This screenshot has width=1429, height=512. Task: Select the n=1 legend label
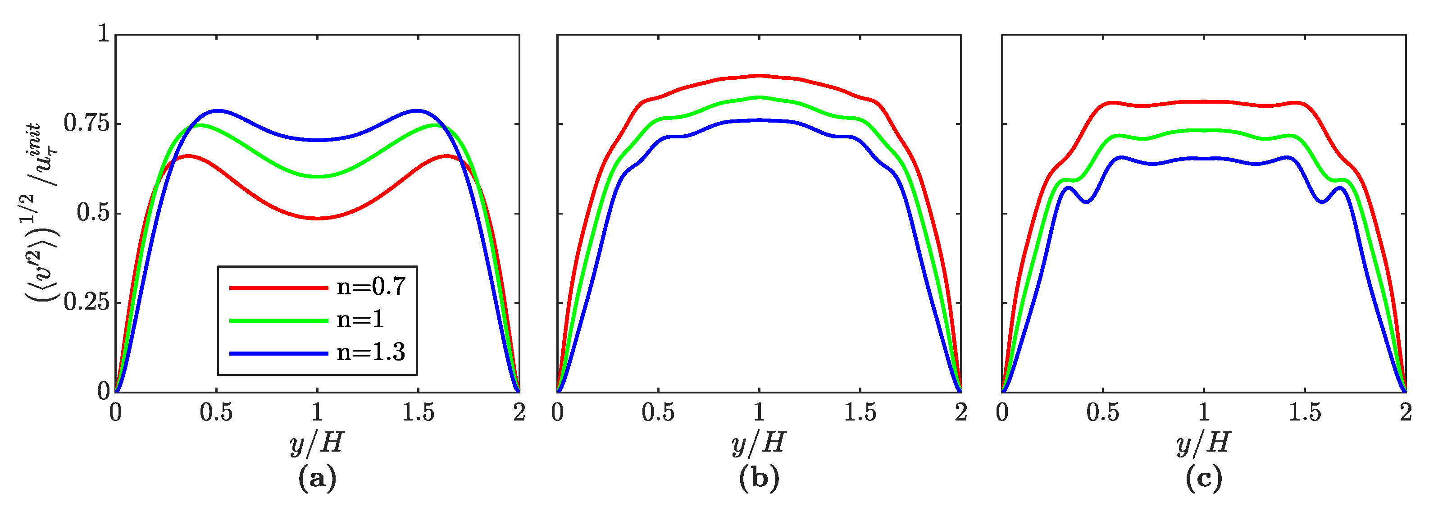pos(360,320)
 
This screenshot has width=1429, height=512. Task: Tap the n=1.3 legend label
pos(371,352)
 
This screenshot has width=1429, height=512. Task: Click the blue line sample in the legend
pos(278,353)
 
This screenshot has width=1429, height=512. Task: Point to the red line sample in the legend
pos(278,288)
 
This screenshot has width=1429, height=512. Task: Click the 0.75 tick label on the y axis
pos(87,123)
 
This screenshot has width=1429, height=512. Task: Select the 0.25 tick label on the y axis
pos(87,302)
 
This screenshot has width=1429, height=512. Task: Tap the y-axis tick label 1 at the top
pos(103,34)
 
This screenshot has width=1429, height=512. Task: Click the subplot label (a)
pos(317,478)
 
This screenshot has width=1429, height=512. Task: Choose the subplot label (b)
pos(759,478)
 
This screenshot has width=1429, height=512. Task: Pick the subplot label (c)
pos(1203,478)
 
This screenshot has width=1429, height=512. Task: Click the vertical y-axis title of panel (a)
pos(41,213)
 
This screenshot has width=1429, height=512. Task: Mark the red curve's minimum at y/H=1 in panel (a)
pos(317,218)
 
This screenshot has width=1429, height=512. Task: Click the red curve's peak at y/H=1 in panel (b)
pos(759,75)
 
